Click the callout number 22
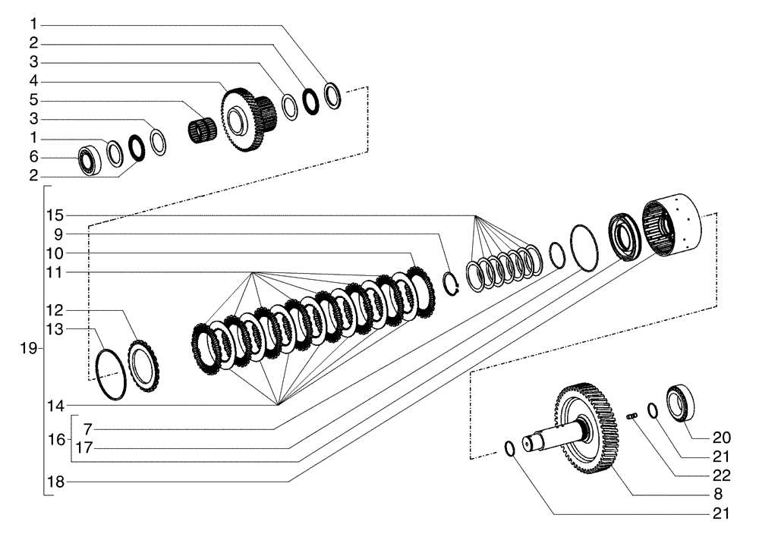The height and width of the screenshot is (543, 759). (721, 476)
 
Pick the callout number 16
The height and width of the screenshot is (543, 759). (56, 438)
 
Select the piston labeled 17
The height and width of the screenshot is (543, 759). (627, 238)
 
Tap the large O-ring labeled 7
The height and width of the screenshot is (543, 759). (583, 246)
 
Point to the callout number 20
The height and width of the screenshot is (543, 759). (721, 438)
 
